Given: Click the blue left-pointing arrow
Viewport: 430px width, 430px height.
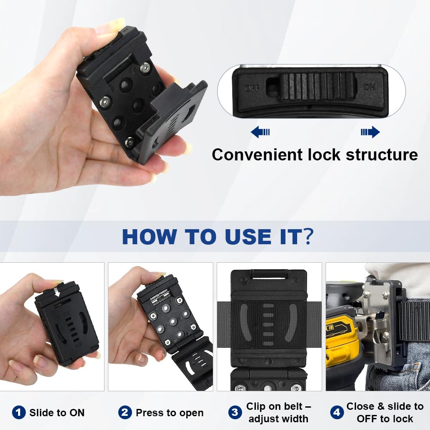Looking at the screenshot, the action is tap(260, 132).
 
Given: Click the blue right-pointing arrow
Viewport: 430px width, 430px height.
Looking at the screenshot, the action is tap(370, 132).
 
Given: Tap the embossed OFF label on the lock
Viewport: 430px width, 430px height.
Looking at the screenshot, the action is tap(252, 89).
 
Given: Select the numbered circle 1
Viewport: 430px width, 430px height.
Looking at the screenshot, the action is tap(18, 412).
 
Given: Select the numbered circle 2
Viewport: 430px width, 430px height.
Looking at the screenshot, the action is tap(125, 412).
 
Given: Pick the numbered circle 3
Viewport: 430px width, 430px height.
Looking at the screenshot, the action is tap(235, 412).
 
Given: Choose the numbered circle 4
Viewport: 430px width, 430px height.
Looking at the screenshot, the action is tap(337, 412).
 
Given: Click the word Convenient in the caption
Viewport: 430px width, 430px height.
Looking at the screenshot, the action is tap(258, 155).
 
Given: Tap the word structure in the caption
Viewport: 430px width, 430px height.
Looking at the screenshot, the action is tap(382, 155).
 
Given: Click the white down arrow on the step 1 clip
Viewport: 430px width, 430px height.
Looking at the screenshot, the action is tap(57, 292).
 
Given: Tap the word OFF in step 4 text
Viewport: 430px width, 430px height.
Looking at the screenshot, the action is tap(366, 419).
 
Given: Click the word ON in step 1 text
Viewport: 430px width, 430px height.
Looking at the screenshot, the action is tap(77, 412).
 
